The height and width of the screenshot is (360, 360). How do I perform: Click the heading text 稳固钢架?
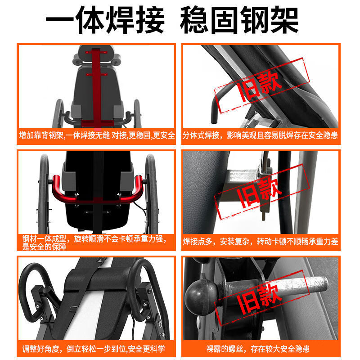(x=239, y=20)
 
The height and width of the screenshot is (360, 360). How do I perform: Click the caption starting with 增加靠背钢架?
(x=96, y=135)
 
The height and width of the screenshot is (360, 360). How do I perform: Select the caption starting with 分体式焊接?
(x=260, y=135)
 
